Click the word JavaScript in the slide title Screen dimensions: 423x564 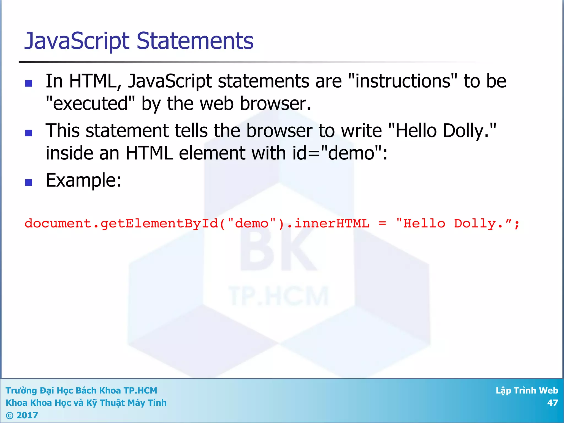tap(77, 41)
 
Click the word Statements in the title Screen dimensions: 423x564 tap(195, 41)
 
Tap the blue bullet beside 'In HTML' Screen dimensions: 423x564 tap(29, 83)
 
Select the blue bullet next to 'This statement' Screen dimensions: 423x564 tap(29, 133)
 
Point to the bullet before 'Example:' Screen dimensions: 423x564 tap(29, 182)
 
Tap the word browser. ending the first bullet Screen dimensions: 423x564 tap(275, 104)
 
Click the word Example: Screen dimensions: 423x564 tap(83, 180)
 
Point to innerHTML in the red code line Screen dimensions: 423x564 tap(332, 223)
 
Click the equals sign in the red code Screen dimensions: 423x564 tap(382, 223)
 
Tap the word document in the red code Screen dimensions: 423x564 tap(58, 223)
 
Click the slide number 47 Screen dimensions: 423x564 tap(552, 403)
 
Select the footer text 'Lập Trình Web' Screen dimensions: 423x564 tap(527, 391)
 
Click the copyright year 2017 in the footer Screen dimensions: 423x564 tap(27, 415)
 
